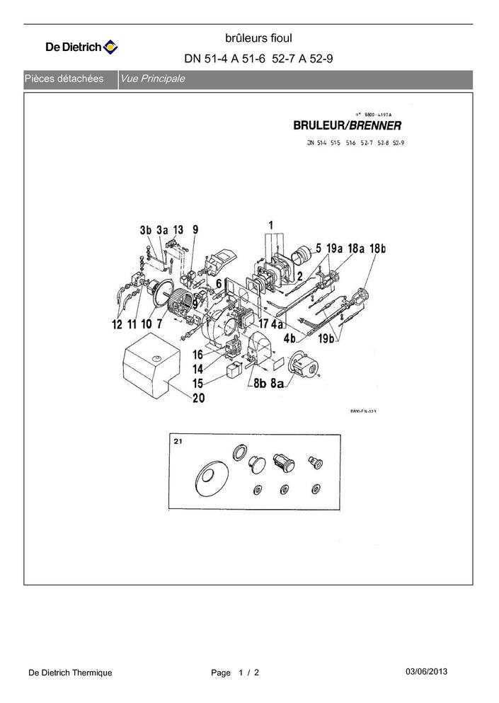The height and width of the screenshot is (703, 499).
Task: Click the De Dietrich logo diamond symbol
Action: click(111, 47)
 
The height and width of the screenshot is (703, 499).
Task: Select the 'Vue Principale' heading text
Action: click(153, 79)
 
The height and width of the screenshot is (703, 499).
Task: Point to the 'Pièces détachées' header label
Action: click(64, 79)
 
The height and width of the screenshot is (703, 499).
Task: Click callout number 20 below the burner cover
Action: click(199, 398)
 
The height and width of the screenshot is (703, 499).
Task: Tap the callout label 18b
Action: click(378, 248)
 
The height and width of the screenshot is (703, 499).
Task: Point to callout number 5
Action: click(319, 248)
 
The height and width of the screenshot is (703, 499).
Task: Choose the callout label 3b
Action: click(146, 230)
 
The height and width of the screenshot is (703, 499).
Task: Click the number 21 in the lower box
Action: click(178, 440)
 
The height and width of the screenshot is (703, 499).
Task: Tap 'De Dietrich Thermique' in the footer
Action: click(70, 673)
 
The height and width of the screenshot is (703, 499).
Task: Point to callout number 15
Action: click(197, 383)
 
